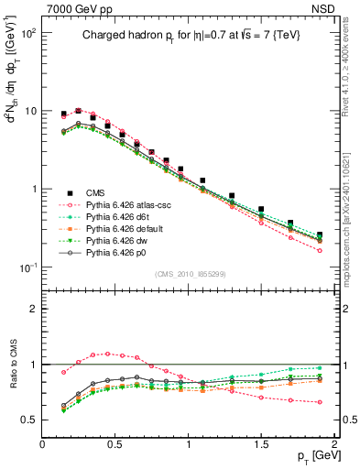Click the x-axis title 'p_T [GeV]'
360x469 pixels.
(308, 454)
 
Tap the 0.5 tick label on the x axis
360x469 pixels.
(115, 443)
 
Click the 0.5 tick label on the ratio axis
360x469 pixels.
(27, 420)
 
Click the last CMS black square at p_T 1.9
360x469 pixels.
(320, 234)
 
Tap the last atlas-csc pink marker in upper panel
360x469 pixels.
(320, 250)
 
